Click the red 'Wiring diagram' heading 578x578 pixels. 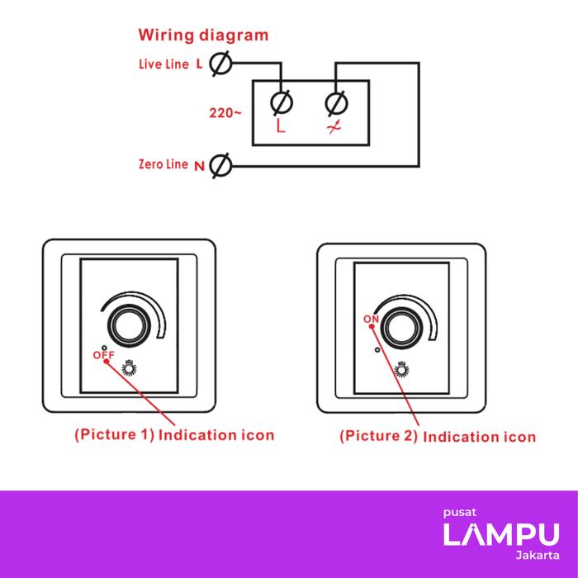tap(203, 36)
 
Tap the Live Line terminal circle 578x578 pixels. tap(220, 64)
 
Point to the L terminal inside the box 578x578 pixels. tap(281, 104)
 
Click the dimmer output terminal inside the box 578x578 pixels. tap(336, 104)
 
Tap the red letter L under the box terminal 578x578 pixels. tap(281, 129)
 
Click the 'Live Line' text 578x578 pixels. tap(165, 64)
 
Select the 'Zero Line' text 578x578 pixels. tap(163, 164)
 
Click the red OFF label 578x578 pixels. tap(102, 355)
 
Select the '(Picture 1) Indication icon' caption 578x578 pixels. tap(174, 433)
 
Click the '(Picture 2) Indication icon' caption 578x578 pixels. tap(438, 436)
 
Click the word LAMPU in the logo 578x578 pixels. tap(501, 534)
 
